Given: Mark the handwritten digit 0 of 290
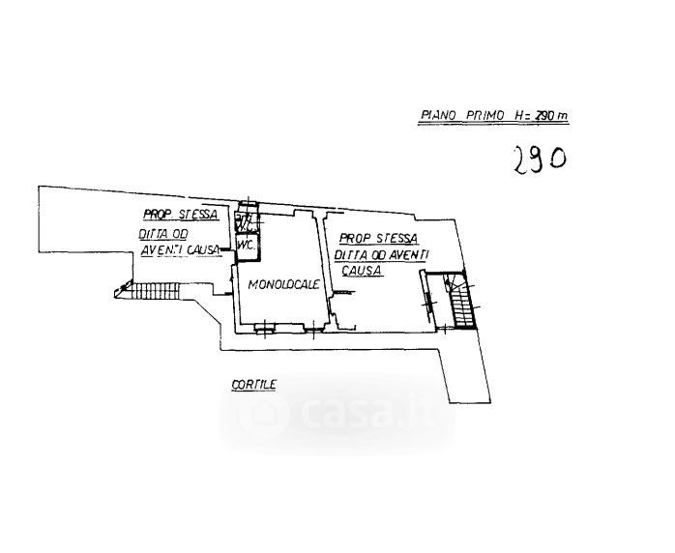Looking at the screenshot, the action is [x=558, y=157].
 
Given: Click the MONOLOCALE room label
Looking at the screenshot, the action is [x=283, y=284].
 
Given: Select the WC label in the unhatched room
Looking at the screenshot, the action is [x=246, y=246].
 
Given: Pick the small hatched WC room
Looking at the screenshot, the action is [x=247, y=221].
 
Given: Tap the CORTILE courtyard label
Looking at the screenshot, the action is [x=253, y=385].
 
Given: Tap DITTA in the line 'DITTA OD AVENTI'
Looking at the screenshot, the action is [x=347, y=255].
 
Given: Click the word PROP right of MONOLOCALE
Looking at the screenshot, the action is [x=351, y=237].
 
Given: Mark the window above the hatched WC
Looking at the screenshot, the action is [x=248, y=205].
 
